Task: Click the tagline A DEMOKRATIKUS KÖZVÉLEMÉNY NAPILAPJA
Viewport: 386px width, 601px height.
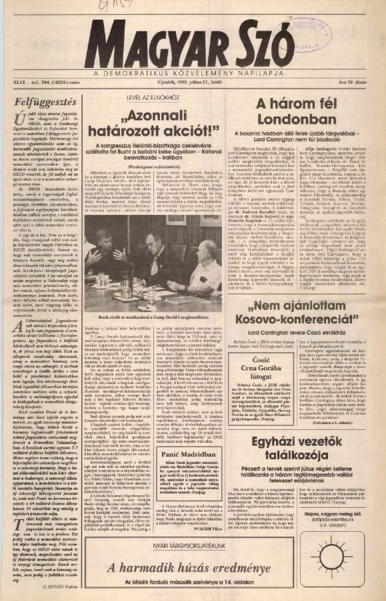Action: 193,71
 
